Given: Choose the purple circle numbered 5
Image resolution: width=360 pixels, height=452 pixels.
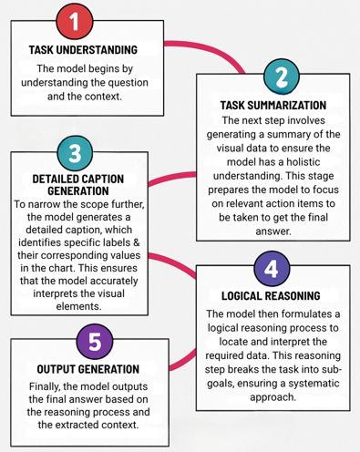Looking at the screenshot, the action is pyautogui.click(x=82, y=344).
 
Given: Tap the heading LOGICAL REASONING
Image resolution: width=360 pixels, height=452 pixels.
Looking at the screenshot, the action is pyautogui.click(x=274, y=297).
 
